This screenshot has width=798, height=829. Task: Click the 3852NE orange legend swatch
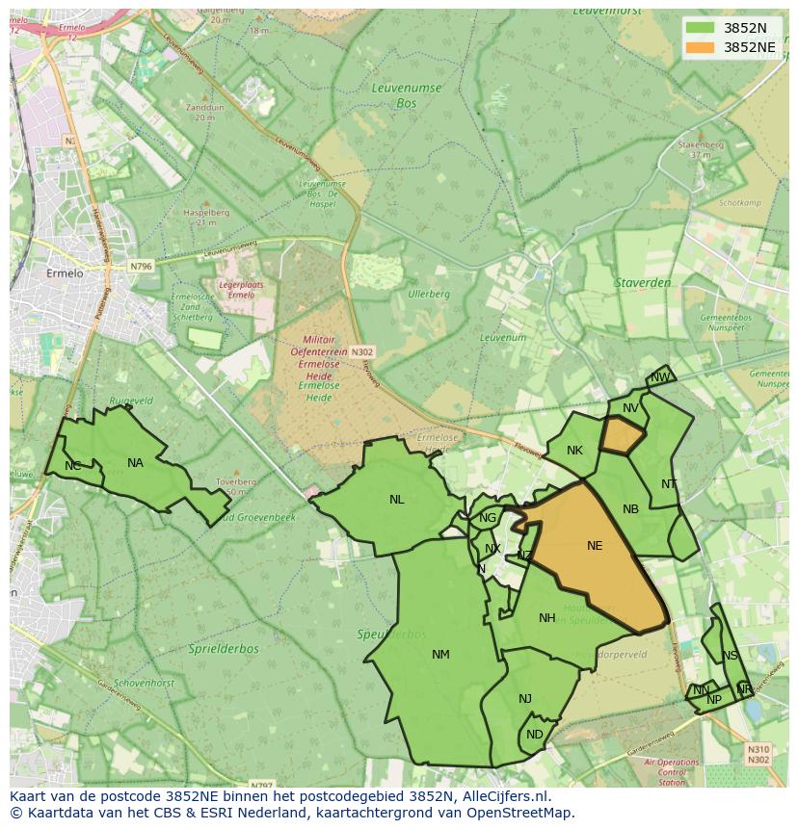click(701, 47)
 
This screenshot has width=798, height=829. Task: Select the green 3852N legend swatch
click(701, 27)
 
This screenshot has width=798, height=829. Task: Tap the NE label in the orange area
click(595, 546)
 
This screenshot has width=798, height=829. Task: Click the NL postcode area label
click(397, 500)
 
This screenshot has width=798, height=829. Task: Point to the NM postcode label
click(440, 655)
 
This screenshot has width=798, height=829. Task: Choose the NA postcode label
click(135, 463)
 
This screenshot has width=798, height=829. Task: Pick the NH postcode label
click(547, 618)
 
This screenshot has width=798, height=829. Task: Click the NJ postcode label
click(525, 699)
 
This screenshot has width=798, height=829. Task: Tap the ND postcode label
click(535, 735)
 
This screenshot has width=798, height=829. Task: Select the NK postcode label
click(574, 451)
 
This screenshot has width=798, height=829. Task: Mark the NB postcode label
click(630, 509)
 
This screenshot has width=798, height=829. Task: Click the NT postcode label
click(669, 484)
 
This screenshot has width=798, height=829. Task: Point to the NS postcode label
click(730, 656)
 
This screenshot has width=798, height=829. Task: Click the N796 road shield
click(142, 266)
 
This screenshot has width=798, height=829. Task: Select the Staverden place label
click(641, 283)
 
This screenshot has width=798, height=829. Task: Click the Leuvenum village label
click(503, 338)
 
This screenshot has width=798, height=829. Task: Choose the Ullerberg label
click(429, 294)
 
